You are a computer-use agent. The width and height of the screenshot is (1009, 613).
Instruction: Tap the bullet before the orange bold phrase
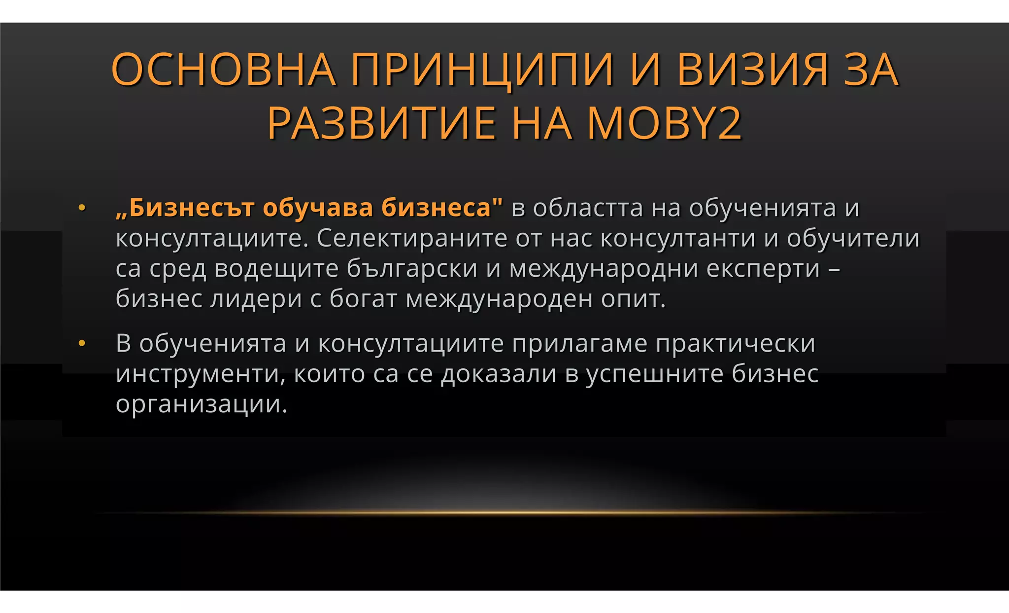82,208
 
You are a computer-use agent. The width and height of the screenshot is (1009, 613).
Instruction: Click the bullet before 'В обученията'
82,343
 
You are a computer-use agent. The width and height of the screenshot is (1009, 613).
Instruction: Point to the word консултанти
677,238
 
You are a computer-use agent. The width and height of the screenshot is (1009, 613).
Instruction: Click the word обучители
853,238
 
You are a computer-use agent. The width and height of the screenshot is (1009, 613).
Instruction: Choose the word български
412,269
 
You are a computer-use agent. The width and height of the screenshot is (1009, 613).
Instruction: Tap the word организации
201,404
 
